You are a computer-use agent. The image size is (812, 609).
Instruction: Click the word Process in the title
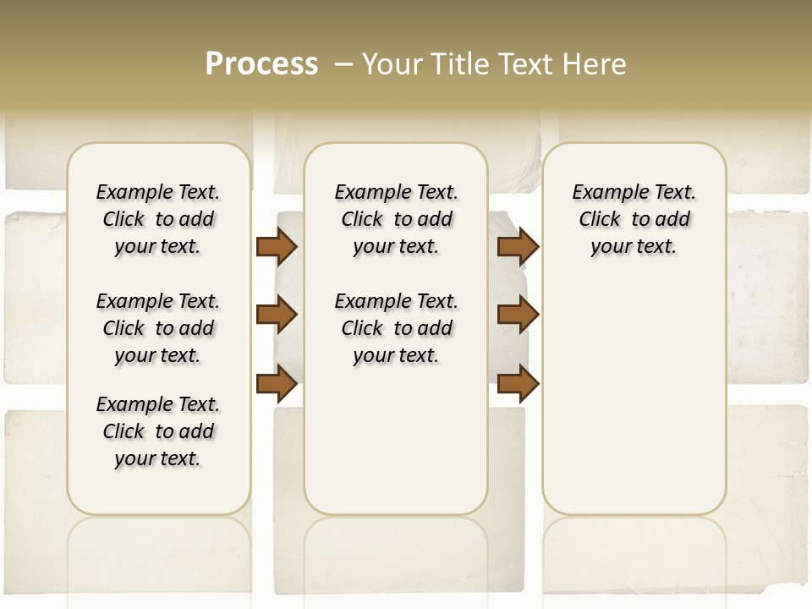point(261,63)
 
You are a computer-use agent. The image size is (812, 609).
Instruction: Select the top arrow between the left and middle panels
point(277,246)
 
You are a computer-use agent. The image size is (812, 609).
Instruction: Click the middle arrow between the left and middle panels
point(277,315)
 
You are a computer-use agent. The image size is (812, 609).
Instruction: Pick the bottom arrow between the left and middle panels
point(277,383)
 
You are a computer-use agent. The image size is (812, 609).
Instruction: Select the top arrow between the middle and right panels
point(518,246)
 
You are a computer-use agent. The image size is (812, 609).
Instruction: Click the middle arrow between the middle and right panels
point(518,315)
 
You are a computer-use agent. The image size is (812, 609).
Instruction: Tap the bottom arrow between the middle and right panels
point(518,383)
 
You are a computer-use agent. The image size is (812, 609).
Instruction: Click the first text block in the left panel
point(158,219)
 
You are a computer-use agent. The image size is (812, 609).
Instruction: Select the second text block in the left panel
point(158,328)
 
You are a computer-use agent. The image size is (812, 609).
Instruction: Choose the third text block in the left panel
point(158,431)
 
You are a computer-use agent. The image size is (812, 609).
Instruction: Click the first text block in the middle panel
point(396,219)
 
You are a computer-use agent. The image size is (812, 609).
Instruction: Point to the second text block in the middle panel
point(396,328)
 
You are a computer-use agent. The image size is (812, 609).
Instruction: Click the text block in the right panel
point(634,219)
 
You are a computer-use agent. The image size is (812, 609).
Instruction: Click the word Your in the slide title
point(394,63)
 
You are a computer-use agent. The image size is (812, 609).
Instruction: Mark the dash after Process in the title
point(343,64)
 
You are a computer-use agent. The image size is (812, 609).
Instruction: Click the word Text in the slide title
point(526,63)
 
